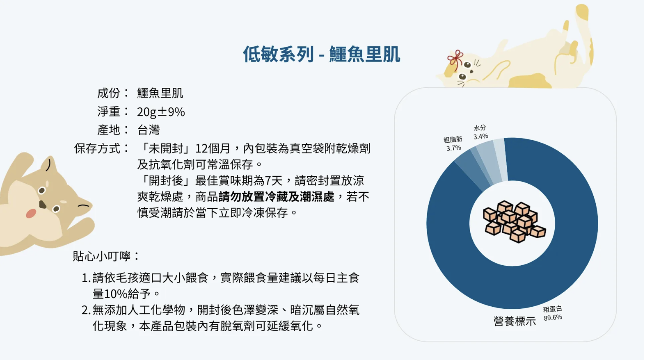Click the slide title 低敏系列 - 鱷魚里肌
tap(321, 54)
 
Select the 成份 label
tap(108, 93)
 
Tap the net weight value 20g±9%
tap(161, 112)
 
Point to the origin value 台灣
tap(148, 130)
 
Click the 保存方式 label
tap(97, 148)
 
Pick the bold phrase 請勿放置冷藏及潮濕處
tap(276, 196)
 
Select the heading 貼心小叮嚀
tap(102, 256)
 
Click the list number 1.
tap(86, 278)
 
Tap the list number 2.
tap(86, 310)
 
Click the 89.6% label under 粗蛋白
tap(553, 317)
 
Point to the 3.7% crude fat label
tap(454, 148)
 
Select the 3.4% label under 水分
tap(481, 136)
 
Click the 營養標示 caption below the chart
tap(515, 321)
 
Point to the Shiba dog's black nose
tap(43, 204)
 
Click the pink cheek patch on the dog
tap(31, 214)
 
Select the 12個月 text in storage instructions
tap(213, 148)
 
